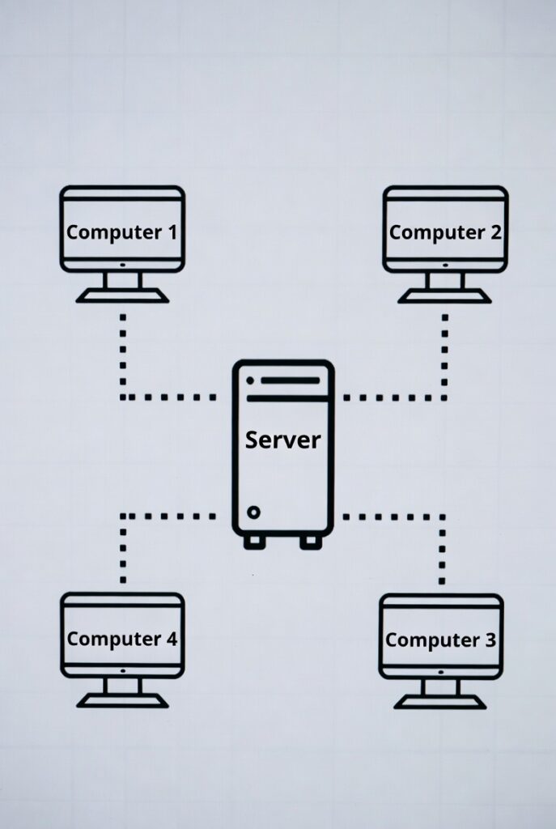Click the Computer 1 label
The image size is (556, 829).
(x=121, y=232)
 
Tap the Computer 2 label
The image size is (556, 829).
(x=444, y=232)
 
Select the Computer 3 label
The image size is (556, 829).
(x=440, y=640)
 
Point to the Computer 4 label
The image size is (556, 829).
(x=121, y=639)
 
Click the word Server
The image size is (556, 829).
(x=283, y=440)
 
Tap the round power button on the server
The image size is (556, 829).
(x=254, y=512)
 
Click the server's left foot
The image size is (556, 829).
(x=254, y=542)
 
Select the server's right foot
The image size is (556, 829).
(x=311, y=542)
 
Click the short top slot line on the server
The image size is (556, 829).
(x=290, y=380)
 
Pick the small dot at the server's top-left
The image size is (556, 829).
(x=249, y=380)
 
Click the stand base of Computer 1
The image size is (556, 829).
(x=122, y=296)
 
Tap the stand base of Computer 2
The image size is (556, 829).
(x=444, y=296)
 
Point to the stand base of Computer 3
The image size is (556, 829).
(x=440, y=703)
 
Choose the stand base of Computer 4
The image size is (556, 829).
(x=122, y=701)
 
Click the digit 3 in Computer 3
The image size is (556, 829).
(x=490, y=640)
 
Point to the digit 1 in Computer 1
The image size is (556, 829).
(x=171, y=232)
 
